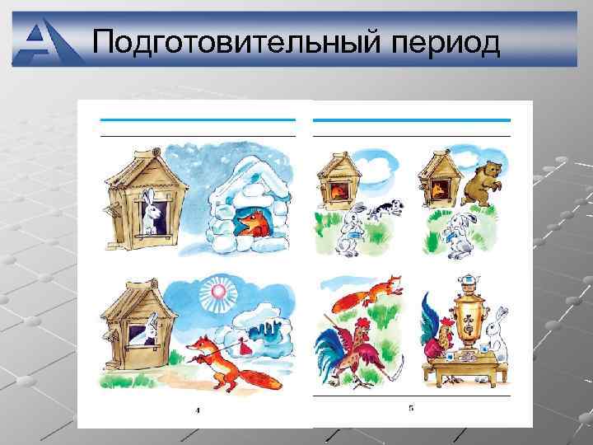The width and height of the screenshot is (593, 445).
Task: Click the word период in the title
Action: tap(439, 41)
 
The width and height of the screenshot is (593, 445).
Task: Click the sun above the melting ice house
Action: tap(219, 293)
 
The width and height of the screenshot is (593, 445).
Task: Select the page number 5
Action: tap(411, 408)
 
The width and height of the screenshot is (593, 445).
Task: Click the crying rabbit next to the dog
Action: tap(352, 226)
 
